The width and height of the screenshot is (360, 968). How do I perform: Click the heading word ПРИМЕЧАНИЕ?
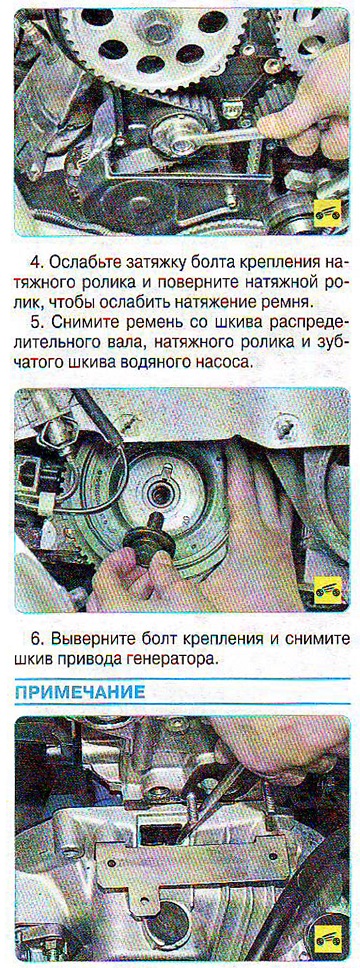(80, 691)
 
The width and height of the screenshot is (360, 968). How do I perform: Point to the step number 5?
(35, 322)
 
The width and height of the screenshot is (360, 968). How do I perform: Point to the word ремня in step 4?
(287, 303)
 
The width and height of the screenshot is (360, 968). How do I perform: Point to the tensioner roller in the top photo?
(178, 135)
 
